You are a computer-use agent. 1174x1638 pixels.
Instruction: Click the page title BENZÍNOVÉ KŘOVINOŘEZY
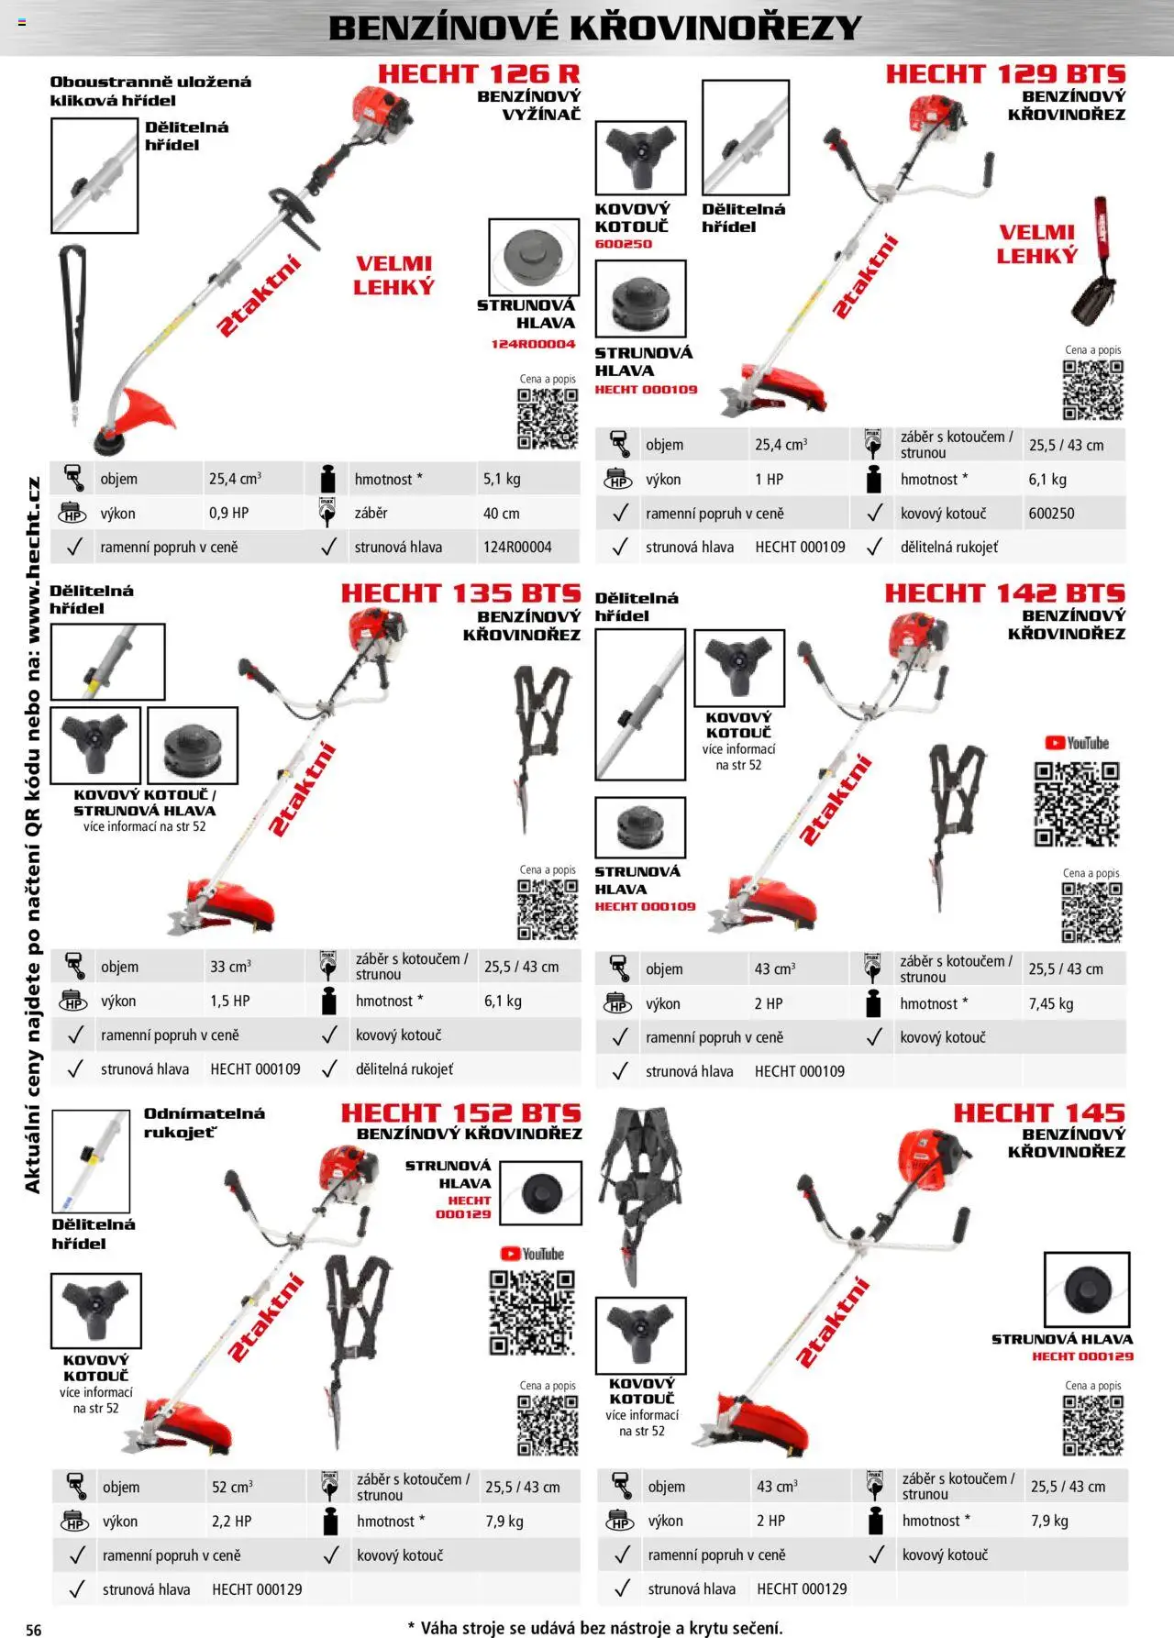point(594,28)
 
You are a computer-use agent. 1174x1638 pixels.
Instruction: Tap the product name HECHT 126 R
point(478,74)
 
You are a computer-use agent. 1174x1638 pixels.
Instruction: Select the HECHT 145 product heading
point(1038,1112)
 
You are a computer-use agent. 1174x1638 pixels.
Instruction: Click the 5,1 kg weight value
point(502,479)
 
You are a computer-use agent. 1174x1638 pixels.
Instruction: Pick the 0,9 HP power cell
point(228,513)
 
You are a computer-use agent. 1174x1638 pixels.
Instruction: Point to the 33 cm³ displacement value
point(230,967)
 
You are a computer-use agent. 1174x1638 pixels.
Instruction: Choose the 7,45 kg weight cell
point(1050,1003)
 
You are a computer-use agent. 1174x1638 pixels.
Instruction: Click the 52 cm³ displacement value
point(232,1487)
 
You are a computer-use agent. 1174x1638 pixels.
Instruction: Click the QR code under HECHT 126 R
point(548,418)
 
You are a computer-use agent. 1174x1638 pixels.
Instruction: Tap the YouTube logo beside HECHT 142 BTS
point(1077,743)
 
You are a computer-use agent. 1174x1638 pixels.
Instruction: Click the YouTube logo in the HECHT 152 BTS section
point(532,1254)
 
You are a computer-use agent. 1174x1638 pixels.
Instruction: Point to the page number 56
point(34,1629)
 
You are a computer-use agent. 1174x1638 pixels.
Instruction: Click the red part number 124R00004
point(533,344)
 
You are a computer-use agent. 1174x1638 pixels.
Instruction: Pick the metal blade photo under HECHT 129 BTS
point(640,156)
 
